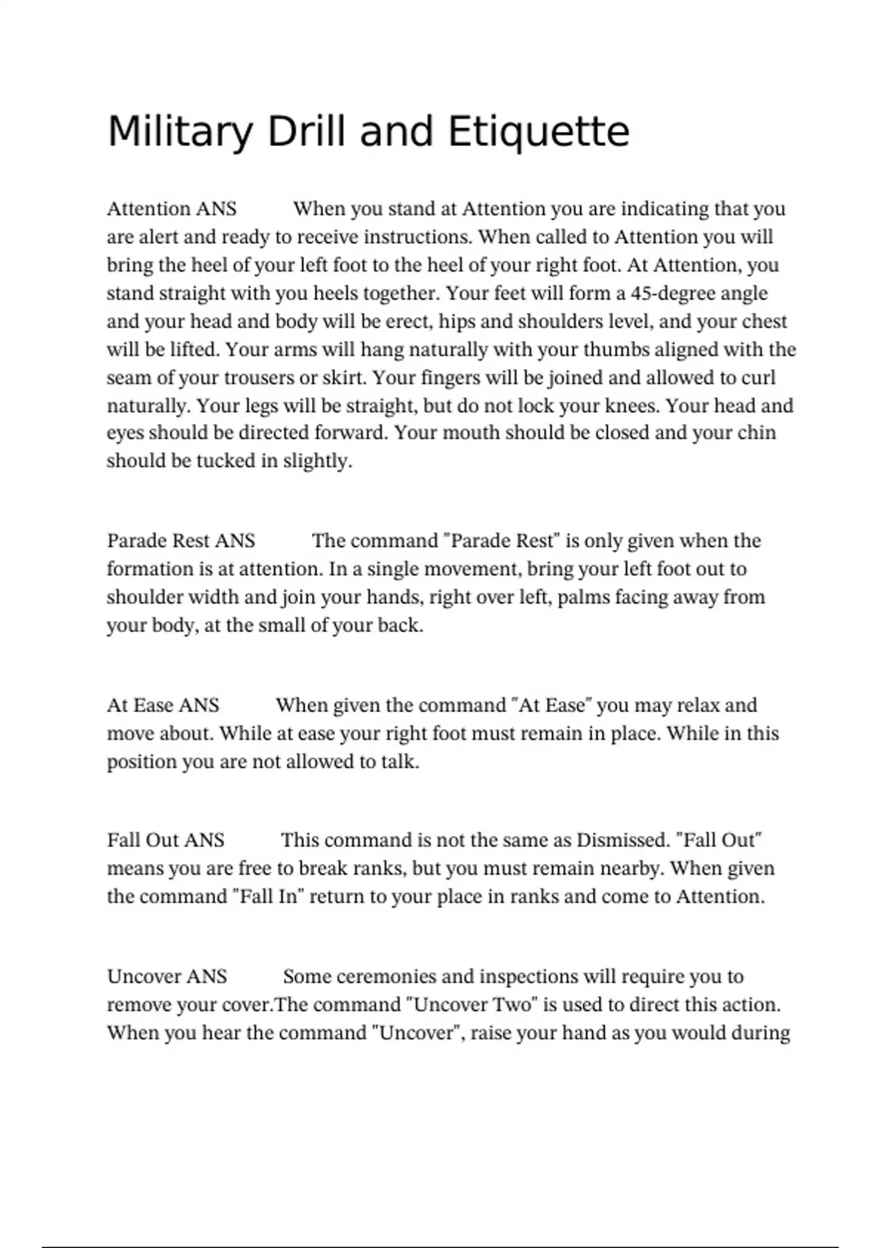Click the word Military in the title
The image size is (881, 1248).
coord(180,133)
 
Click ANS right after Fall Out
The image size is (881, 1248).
coord(205,840)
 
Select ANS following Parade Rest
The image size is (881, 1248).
coord(235,541)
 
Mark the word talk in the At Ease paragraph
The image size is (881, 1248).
coord(399,761)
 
